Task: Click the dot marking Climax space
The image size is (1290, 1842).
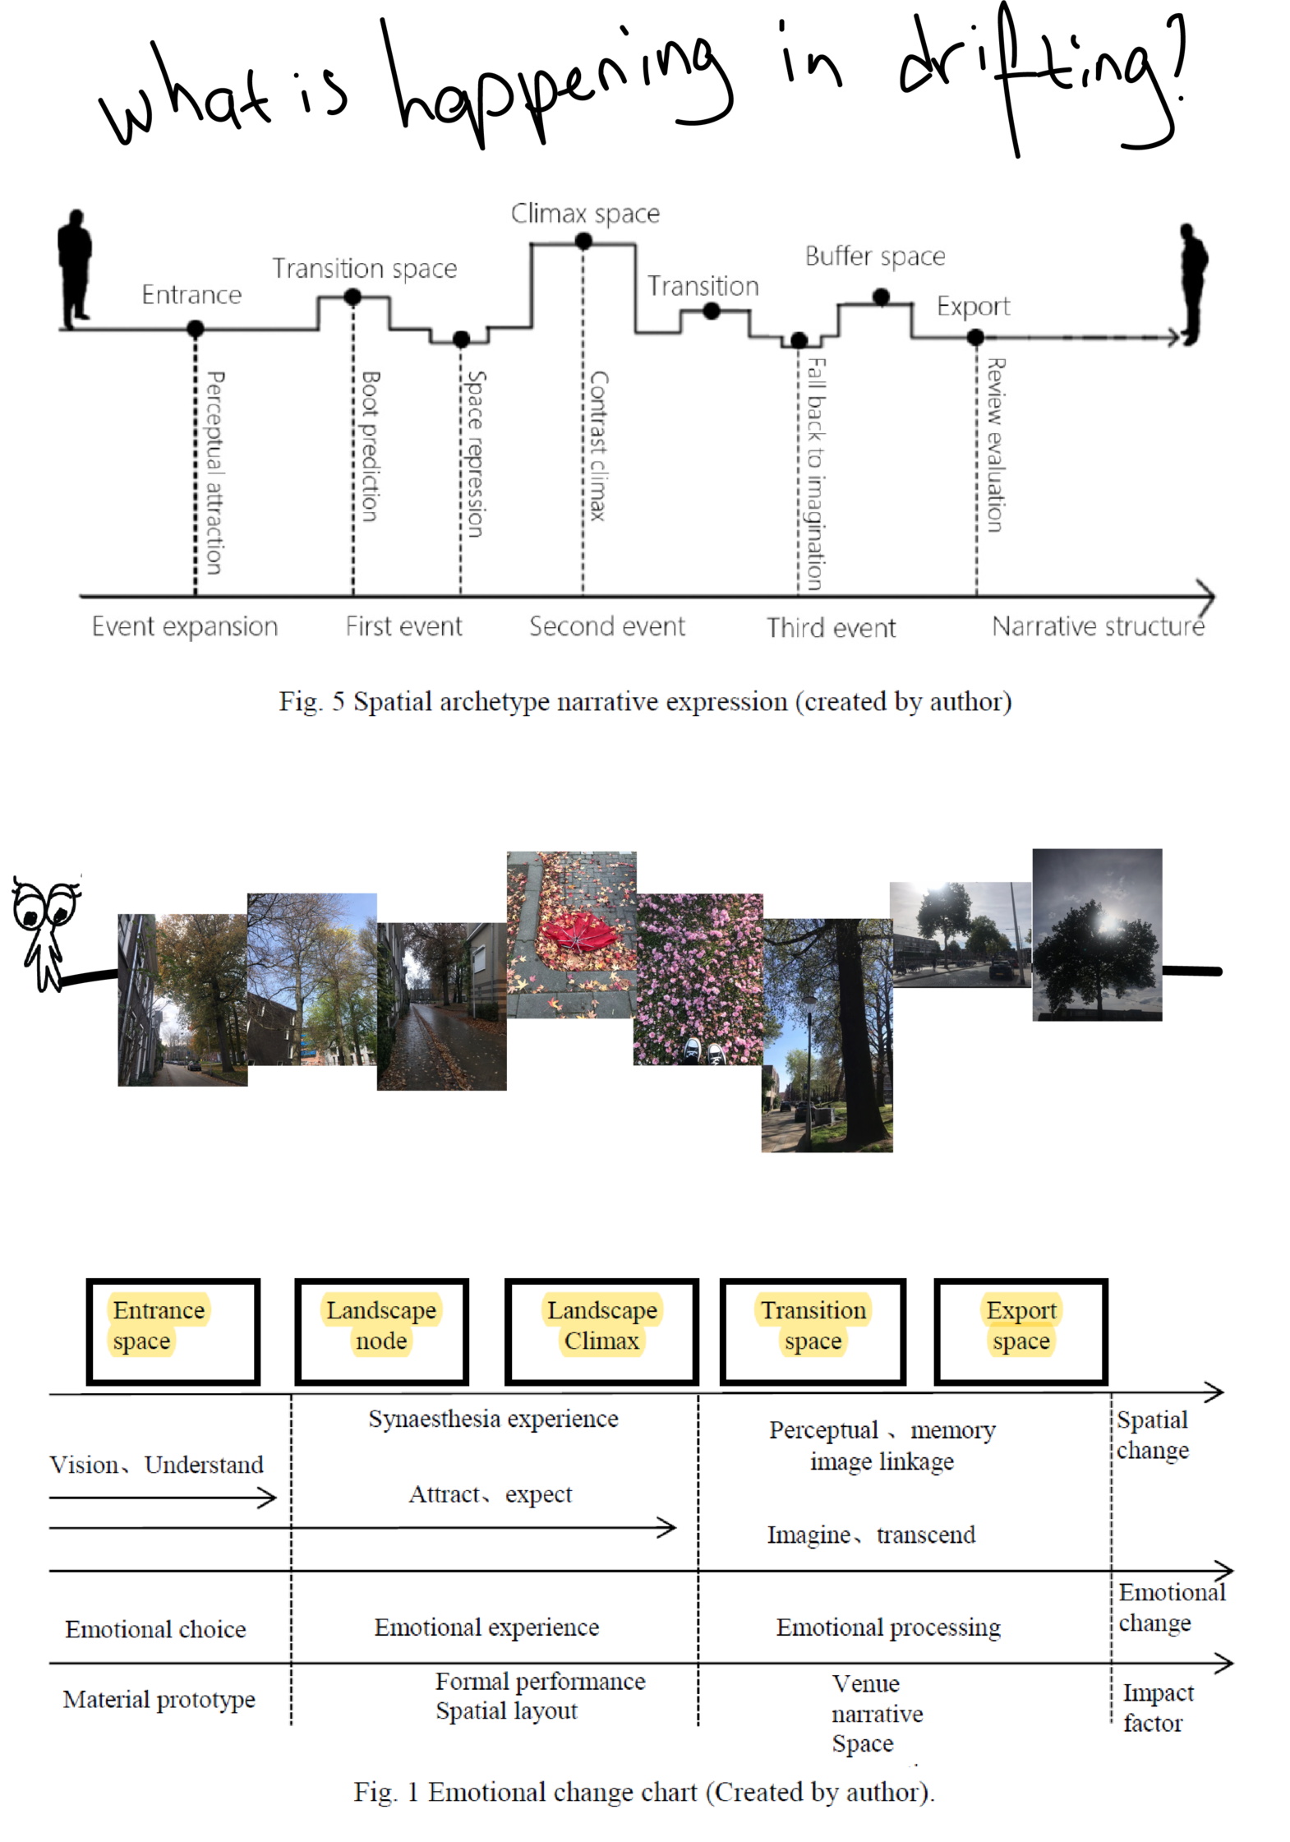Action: coord(583,242)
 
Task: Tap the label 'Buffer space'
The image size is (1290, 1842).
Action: coord(875,256)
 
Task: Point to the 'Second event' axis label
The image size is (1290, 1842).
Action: coord(606,626)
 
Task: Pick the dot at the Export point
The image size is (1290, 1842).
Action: coord(975,337)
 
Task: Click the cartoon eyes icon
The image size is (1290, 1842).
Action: coord(44,907)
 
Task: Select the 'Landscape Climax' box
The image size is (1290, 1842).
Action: coord(602,1332)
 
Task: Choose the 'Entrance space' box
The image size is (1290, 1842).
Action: coord(173,1332)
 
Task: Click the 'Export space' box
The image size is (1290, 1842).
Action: coord(1020,1332)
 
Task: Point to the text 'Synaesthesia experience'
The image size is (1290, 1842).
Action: coord(493,1420)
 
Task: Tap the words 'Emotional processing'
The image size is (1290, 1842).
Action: coord(888,1627)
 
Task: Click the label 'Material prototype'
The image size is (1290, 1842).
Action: coord(159,1699)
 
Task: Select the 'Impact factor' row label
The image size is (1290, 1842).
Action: coord(1157,1707)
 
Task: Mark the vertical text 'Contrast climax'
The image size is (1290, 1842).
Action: coord(599,446)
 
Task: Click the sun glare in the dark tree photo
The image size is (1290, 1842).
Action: coord(1109,923)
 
